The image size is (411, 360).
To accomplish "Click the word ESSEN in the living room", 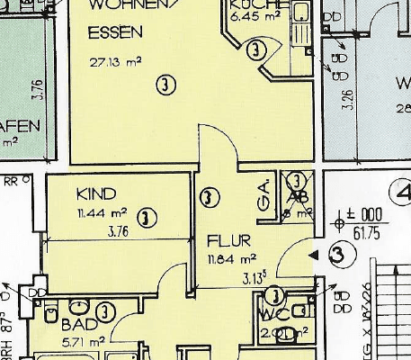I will (x=115, y=33).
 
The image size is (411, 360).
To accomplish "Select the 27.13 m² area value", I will (x=115, y=63).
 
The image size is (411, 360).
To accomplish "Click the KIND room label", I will (x=95, y=193).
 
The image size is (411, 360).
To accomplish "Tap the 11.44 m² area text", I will (x=102, y=213).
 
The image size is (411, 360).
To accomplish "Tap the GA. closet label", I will (x=264, y=199).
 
